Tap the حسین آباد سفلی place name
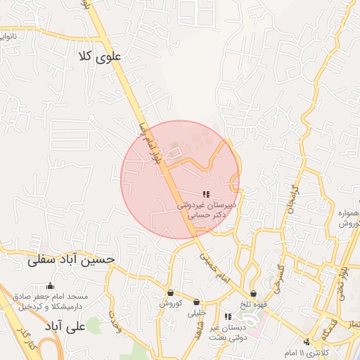click(x=70, y=259)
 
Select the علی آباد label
click(x=64, y=327)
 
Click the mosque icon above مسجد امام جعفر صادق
click(x=50, y=285)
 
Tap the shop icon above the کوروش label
click(x=170, y=293)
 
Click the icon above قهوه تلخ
click(x=252, y=293)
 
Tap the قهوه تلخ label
click(x=252, y=304)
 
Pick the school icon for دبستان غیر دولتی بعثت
click(x=227, y=316)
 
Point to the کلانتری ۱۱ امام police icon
click(x=305, y=342)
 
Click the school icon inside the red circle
click(x=205, y=193)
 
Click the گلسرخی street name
click(x=280, y=276)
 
